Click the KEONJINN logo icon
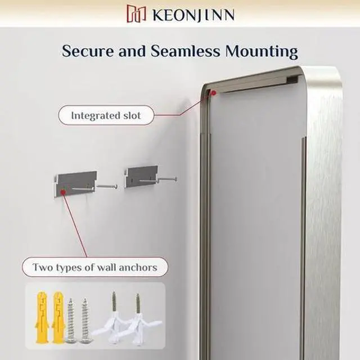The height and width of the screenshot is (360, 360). (137, 13)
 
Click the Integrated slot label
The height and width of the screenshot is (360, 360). (105, 116)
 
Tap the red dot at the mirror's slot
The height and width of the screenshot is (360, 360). (213, 93)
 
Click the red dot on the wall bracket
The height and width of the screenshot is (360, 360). (63, 192)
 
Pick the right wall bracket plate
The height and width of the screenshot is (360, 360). (141, 176)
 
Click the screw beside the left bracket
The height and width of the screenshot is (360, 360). (107, 185)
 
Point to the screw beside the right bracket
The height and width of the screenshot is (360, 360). (167, 179)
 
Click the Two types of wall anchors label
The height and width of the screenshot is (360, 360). (94, 267)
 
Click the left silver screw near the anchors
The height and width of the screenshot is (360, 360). (71, 321)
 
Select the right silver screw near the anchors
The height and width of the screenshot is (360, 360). (84, 321)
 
